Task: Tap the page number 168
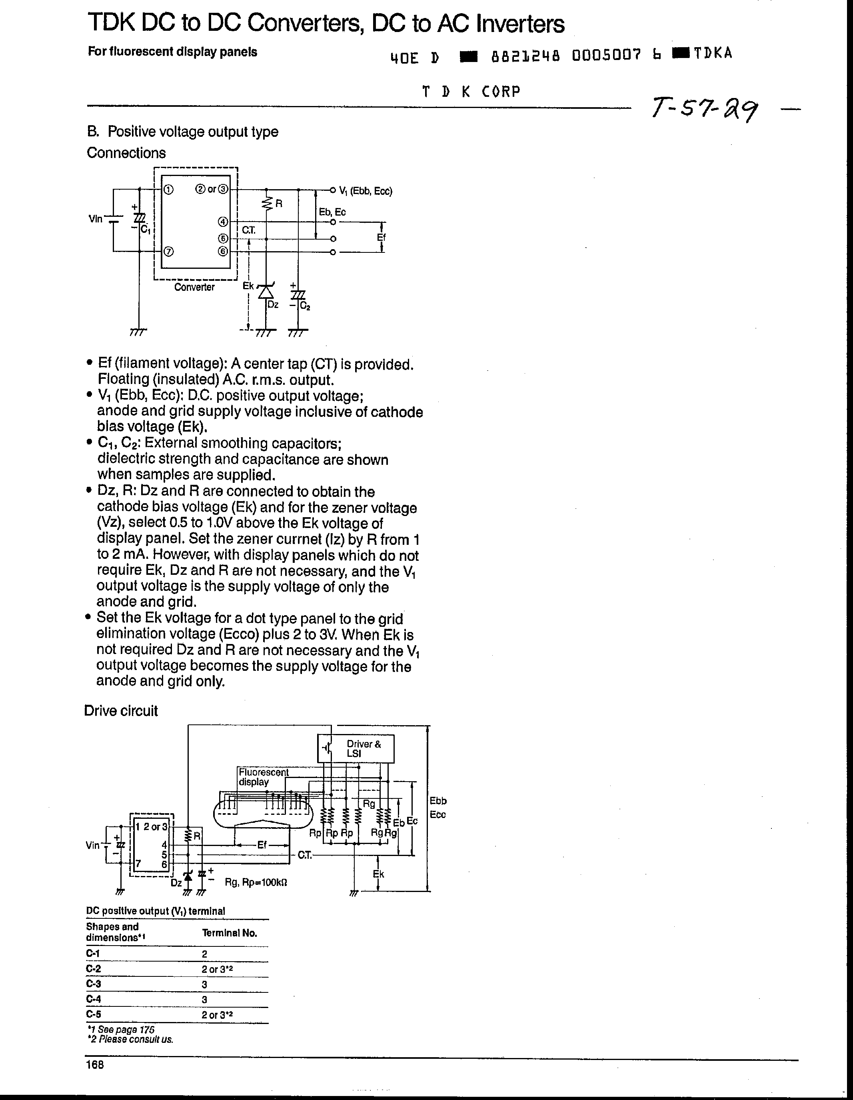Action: (95, 1064)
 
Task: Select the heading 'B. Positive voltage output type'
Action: (182, 132)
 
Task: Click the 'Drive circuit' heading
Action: (121, 711)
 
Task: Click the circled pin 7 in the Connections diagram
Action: (169, 251)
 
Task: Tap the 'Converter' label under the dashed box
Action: (194, 287)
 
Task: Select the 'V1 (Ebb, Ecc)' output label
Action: (366, 191)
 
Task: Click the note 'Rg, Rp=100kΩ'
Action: (256, 882)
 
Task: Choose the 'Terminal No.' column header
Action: (230, 933)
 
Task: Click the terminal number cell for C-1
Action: (205, 954)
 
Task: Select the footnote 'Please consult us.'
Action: (131, 1040)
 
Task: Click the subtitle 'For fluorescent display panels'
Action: (172, 52)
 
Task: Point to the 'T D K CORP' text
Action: (471, 92)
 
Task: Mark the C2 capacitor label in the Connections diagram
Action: (305, 305)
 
